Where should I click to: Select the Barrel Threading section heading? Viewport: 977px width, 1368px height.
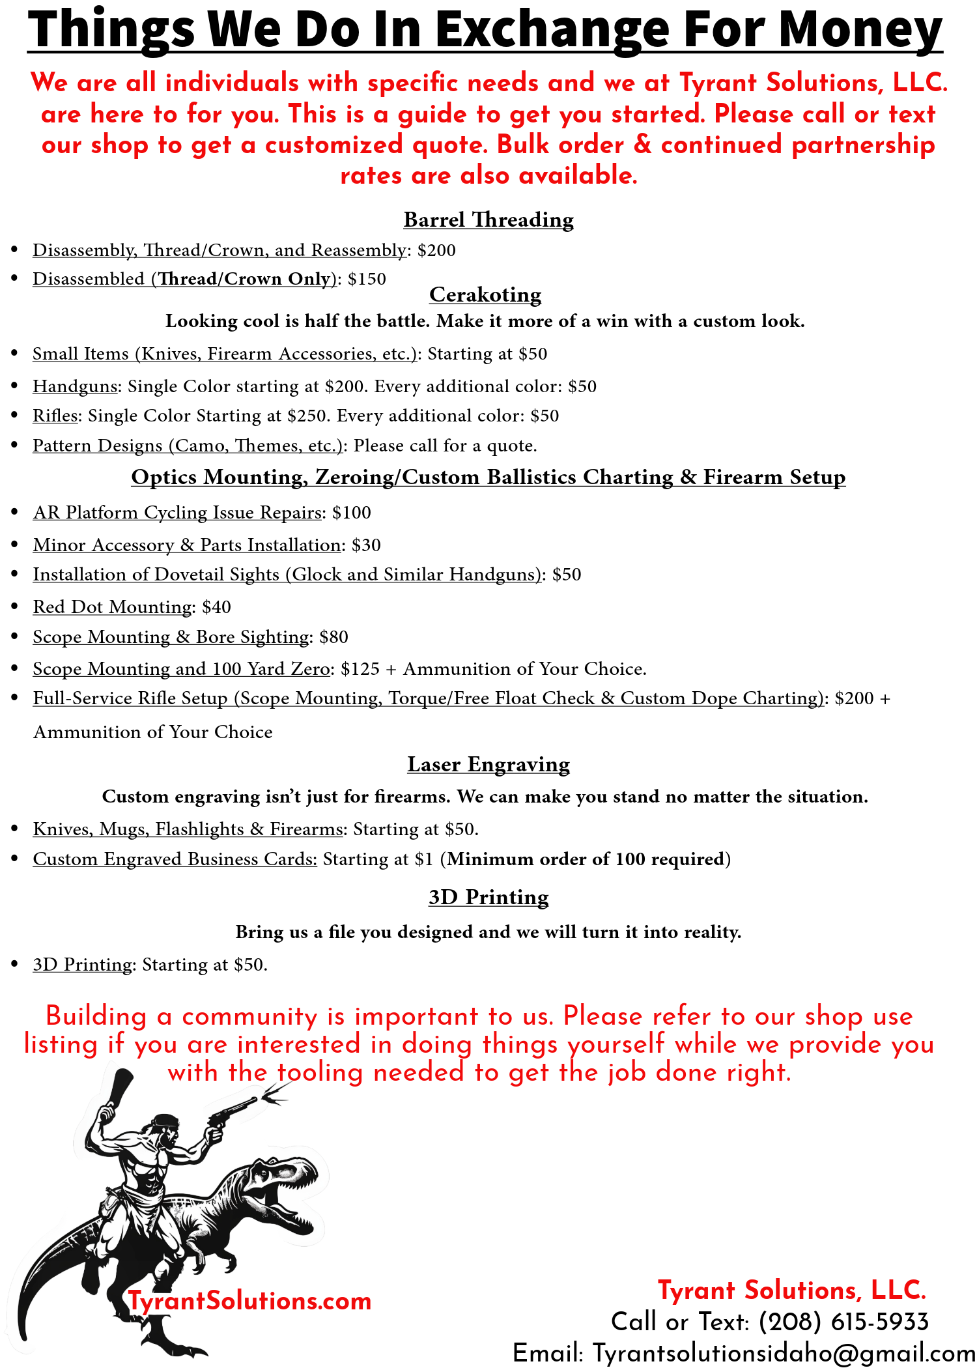(488, 220)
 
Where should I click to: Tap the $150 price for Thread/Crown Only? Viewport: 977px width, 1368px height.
(367, 279)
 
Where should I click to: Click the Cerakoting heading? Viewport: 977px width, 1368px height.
(485, 294)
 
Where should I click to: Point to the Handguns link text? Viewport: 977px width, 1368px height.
(75, 386)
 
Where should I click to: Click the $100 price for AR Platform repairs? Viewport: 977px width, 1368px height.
(352, 513)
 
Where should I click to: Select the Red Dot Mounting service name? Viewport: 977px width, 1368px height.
(113, 607)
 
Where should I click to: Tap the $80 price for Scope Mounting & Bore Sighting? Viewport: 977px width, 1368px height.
(334, 637)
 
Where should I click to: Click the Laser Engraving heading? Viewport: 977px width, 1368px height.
(488, 764)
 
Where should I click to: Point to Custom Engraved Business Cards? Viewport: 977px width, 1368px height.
(175, 859)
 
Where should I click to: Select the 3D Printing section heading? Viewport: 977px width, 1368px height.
(488, 897)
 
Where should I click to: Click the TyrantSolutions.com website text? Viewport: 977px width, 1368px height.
(250, 1301)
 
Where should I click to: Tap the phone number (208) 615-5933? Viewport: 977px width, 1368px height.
(843, 1322)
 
